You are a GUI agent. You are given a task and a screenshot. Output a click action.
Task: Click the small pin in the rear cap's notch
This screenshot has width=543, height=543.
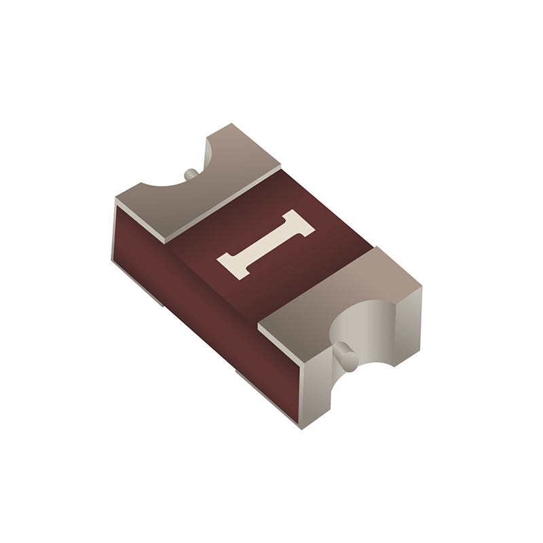192,174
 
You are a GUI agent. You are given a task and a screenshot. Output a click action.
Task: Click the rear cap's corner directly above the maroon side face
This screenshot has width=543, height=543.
117,201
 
